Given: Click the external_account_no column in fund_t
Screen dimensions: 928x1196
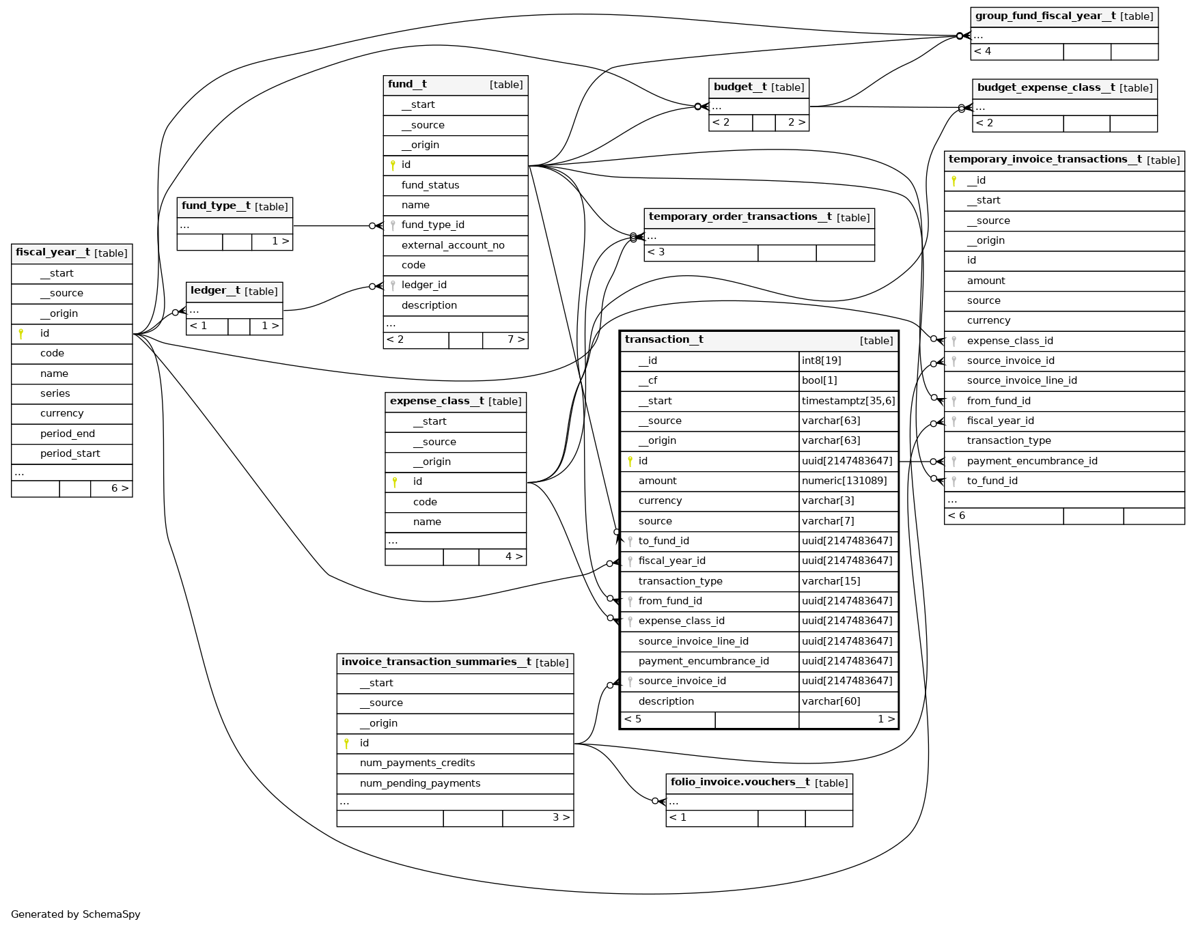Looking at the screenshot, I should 453,245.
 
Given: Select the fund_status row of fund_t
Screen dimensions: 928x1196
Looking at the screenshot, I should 430,185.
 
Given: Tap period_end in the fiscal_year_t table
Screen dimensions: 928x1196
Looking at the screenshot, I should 68,434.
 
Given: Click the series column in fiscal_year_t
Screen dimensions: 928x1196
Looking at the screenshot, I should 55,393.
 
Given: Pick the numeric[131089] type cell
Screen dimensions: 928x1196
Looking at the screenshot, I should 844,481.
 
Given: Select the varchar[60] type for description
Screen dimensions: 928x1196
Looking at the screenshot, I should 831,701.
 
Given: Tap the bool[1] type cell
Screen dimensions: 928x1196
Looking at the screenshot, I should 819,380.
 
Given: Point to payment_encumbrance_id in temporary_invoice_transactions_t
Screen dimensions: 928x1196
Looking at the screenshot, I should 1031,461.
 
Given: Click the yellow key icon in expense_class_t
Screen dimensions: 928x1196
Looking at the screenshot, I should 395,482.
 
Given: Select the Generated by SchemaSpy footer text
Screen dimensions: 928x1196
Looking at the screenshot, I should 76,914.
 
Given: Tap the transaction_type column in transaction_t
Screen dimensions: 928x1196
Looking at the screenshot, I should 680,581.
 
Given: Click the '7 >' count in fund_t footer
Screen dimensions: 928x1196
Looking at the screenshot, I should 516,339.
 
